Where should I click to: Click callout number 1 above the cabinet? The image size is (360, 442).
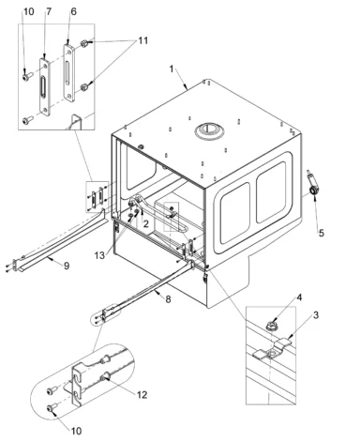172,69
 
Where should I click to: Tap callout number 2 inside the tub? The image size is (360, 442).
146,223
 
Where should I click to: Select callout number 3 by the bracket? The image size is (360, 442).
316,315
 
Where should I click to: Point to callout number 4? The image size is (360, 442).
299,297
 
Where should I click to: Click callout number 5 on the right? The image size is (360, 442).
322,233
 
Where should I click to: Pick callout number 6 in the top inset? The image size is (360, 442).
73,11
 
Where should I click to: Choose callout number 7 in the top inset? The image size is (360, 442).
49,11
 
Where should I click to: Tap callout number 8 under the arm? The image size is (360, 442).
168,299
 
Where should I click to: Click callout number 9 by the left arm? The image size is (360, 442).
67,266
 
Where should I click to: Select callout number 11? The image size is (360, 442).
142,40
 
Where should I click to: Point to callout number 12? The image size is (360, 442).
142,395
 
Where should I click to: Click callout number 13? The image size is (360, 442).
99,255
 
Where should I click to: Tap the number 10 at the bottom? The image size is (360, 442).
76,431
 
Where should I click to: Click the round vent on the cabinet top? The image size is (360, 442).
209,130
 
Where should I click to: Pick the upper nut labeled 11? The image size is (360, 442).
83,43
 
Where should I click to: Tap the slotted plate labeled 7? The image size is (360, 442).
45,86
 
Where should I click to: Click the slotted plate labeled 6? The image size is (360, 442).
69,72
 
